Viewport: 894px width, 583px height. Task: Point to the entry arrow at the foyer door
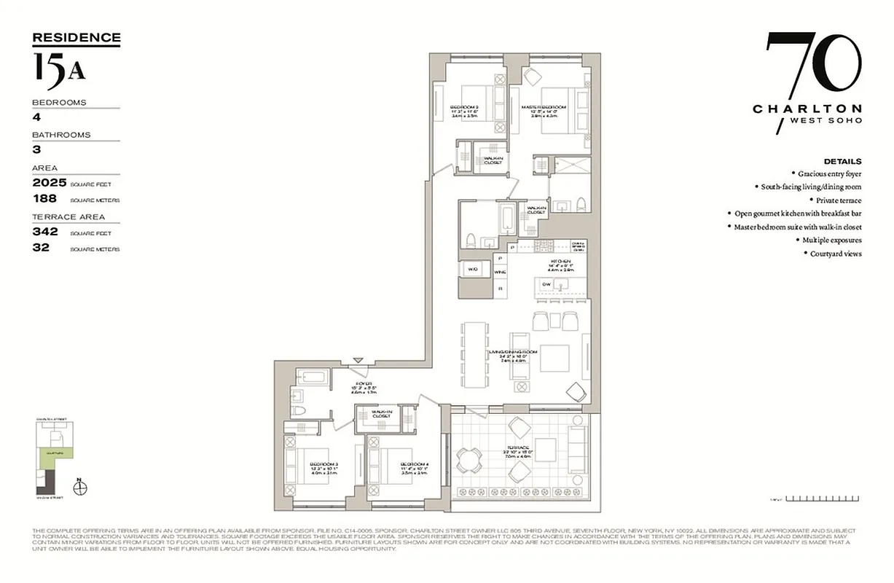(358, 360)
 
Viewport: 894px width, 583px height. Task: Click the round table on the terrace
(468, 460)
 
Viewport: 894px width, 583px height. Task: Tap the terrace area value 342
(45, 232)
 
